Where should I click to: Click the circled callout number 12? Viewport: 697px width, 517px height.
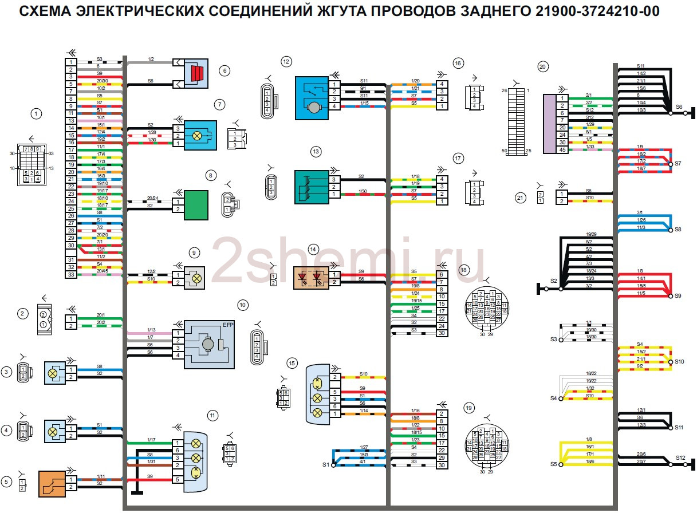pyautogui.click(x=286, y=61)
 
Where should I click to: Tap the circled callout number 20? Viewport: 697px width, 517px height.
pyautogui.click(x=543, y=66)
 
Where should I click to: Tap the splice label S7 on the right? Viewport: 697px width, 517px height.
pyautogui.click(x=678, y=164)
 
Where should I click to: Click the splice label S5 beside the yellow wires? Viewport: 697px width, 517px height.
pyautogui.click(x=553, y=464)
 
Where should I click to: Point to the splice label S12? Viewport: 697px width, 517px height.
pyautogui.click(x=680, y=457)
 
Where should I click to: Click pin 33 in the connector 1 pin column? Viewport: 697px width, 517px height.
pyautogui.click(x=70, y=275)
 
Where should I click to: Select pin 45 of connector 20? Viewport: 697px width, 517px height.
pyautogui.click(x=562, y=150)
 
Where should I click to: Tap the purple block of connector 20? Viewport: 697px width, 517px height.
pyautogui.click(x=549, y=123)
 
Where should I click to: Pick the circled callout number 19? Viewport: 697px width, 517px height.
pyautogui.click(x=469, y=408)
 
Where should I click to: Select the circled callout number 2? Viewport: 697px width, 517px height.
pyautogui.click(x=22, y=313)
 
